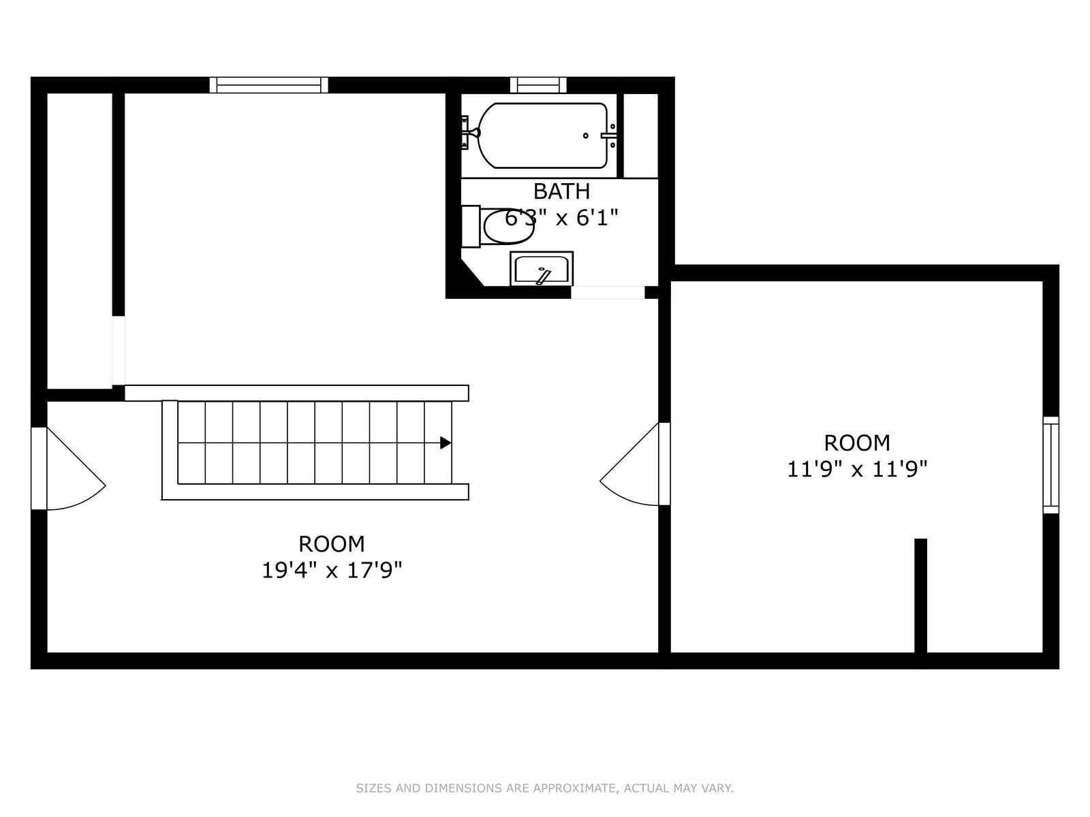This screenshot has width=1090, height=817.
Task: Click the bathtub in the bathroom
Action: coord(542,135)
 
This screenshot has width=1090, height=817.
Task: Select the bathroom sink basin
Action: coord(542,268)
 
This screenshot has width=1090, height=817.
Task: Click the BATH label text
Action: coord(561,191)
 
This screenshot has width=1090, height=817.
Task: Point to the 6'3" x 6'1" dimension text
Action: coord(561,217)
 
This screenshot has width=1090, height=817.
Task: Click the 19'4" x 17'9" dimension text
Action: coord(332,571)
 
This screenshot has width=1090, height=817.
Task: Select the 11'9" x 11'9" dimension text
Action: coord(857,469)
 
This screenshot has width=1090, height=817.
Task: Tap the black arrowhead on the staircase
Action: coord(446,443)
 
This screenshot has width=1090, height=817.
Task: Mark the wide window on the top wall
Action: coord(268,85)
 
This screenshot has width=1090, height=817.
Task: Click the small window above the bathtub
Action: coord(538,85)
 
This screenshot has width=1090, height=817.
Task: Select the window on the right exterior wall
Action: coord(1050,465)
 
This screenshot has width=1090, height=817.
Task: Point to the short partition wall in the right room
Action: coord(920,596)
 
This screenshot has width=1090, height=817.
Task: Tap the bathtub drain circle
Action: coord(585,135)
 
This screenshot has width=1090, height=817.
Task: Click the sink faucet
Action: coord(542,276)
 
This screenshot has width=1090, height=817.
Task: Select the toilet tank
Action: coord(471,226)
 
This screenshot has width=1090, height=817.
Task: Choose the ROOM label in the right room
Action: coord(857,443)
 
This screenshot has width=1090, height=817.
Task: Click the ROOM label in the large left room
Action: coord(332,544)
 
